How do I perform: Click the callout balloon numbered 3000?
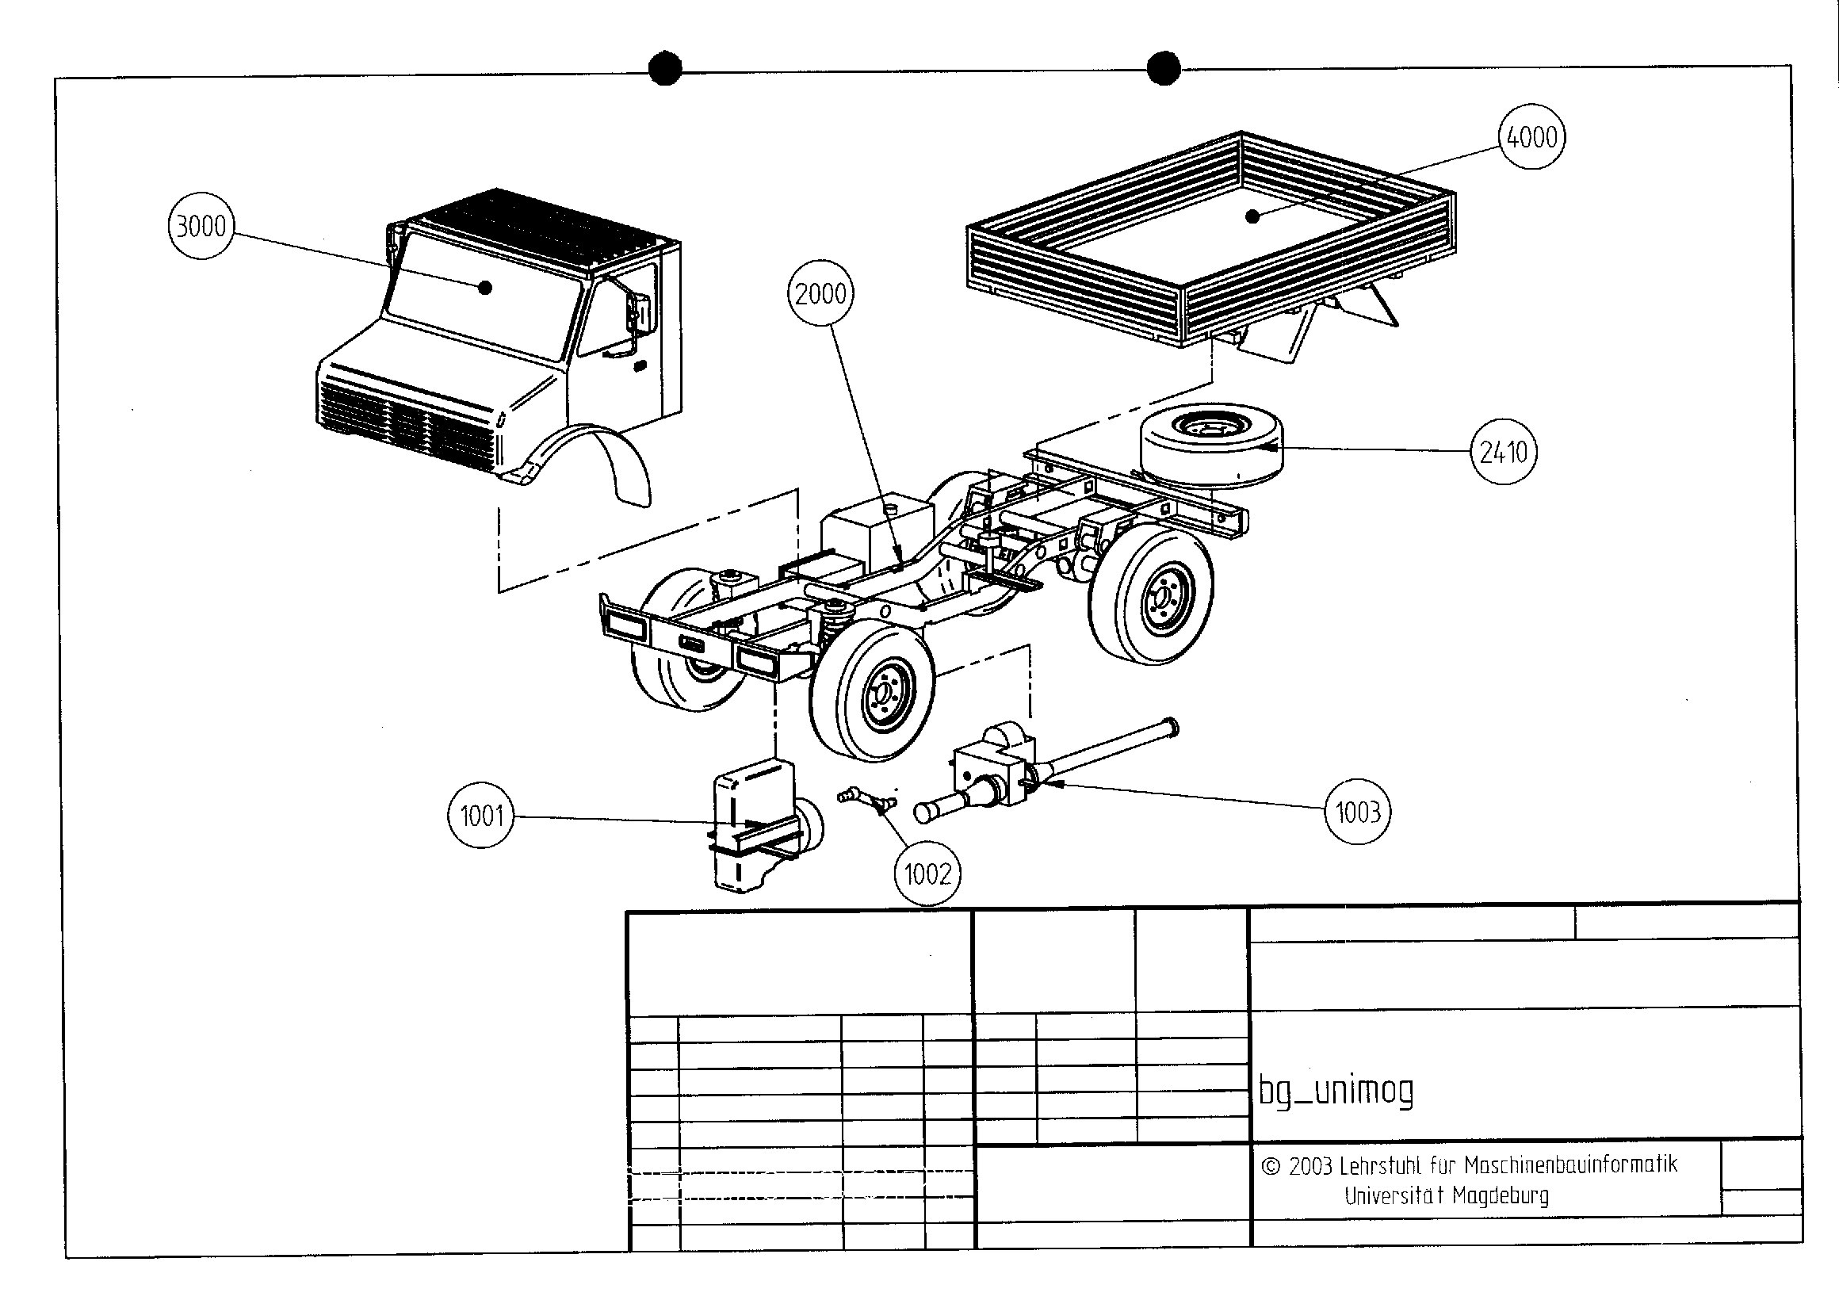pos(201,227)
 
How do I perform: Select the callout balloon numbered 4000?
pos(1531,136)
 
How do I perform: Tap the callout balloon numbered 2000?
pos(821,294)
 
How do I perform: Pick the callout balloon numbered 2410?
pos(1504,453)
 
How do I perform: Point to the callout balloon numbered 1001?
pos(480,816)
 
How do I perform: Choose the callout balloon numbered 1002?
pos(927,873)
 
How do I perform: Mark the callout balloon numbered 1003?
pos(1358,812)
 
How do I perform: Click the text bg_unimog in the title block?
pos(1336,1091)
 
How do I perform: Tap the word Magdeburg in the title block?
pos(1501,1196)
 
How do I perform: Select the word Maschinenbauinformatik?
pos(1569,1164)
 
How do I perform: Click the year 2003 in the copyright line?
pos(1309,1166)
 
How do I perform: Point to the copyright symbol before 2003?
pos(1271,1166)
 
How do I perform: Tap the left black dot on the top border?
pos(665,68)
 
